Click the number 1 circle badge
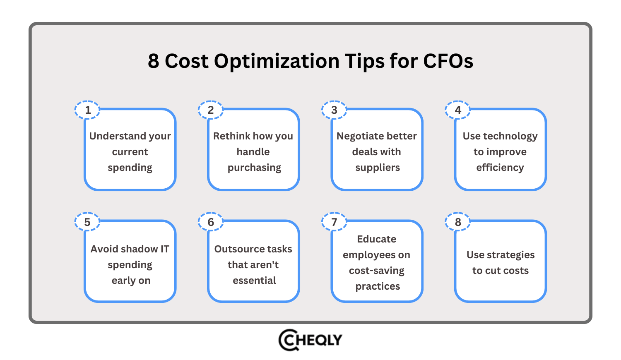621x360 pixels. (87, 110)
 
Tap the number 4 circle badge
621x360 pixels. (457, 110)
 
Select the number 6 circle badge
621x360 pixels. (210, 222)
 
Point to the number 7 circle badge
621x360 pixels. (334, 222)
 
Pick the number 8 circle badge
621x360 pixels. (457, 222)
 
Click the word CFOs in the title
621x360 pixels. (448, 61)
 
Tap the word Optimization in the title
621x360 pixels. (277, 62)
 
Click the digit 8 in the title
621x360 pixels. (154, 61)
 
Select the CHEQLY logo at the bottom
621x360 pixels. (310, 340)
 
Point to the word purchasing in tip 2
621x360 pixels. (254, 168)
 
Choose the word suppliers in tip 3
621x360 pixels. (378, 168)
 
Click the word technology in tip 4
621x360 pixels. (510, 137)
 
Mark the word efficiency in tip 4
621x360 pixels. (500, 168)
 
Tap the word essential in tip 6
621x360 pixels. (254, 281)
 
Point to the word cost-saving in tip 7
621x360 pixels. (376, 271)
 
